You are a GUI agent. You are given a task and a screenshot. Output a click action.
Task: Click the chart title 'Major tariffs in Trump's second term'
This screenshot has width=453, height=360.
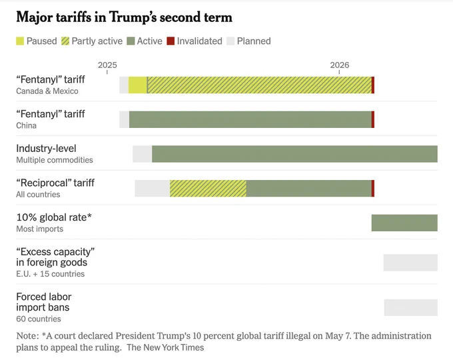(124, 17)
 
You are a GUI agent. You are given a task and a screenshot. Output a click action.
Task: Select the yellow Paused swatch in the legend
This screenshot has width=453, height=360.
(20, 41)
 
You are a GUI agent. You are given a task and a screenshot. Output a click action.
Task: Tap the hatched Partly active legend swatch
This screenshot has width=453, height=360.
(65, 41)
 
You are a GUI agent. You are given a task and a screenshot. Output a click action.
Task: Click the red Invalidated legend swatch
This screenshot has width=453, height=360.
(171, 41)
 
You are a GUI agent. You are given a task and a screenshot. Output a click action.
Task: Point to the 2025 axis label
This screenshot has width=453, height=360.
(107, 65)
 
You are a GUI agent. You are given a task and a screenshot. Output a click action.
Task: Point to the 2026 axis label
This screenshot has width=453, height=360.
(340, 65)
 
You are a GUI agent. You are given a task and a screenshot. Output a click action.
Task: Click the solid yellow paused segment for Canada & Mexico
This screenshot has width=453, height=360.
(138, 85)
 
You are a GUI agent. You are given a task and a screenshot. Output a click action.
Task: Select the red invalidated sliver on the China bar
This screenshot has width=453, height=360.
(373, 119)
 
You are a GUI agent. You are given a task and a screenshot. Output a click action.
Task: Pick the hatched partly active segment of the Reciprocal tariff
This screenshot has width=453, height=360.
(208, 189)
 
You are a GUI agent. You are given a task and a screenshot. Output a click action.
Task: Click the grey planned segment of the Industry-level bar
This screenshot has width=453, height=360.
(143, 154)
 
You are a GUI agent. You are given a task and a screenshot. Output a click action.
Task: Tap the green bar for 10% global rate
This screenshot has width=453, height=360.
(404, 223)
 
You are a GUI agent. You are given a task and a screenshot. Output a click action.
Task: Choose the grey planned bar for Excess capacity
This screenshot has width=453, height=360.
(410, 263)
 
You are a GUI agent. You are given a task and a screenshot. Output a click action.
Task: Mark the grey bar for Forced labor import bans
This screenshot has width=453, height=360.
(411, 307)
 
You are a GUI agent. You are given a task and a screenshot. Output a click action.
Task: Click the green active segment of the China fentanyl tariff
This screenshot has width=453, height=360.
(250, 119)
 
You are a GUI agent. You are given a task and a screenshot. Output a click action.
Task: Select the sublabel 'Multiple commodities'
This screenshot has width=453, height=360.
(55, 160)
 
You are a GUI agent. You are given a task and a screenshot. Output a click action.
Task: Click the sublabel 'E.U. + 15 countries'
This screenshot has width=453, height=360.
(50, 274)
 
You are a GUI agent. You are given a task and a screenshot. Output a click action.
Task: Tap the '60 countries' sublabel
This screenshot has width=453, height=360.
(39, 319)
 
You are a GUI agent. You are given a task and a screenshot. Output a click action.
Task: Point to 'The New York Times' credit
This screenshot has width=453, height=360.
(165, 347)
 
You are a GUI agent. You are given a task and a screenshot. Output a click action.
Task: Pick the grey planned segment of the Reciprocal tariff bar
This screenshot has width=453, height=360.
(153, 189)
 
